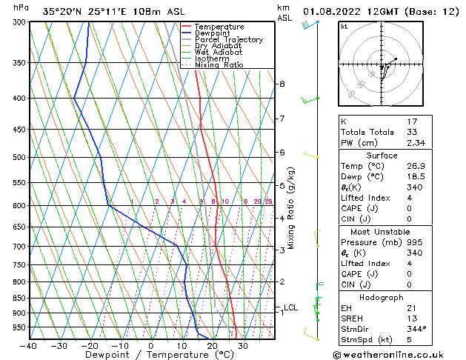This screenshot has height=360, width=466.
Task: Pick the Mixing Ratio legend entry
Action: point(219,65)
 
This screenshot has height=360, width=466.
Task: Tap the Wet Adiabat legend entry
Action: point(219,52)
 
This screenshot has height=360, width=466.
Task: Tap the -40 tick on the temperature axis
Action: point(29,346)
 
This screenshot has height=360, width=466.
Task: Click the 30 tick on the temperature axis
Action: point(243,346)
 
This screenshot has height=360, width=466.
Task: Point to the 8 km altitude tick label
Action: point(282,84)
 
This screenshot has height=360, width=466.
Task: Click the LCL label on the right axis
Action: point(291,307)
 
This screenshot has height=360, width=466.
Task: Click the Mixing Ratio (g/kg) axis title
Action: point(291,207)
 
